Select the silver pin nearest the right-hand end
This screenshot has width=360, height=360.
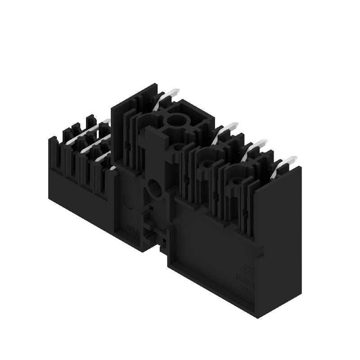[288, 162]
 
